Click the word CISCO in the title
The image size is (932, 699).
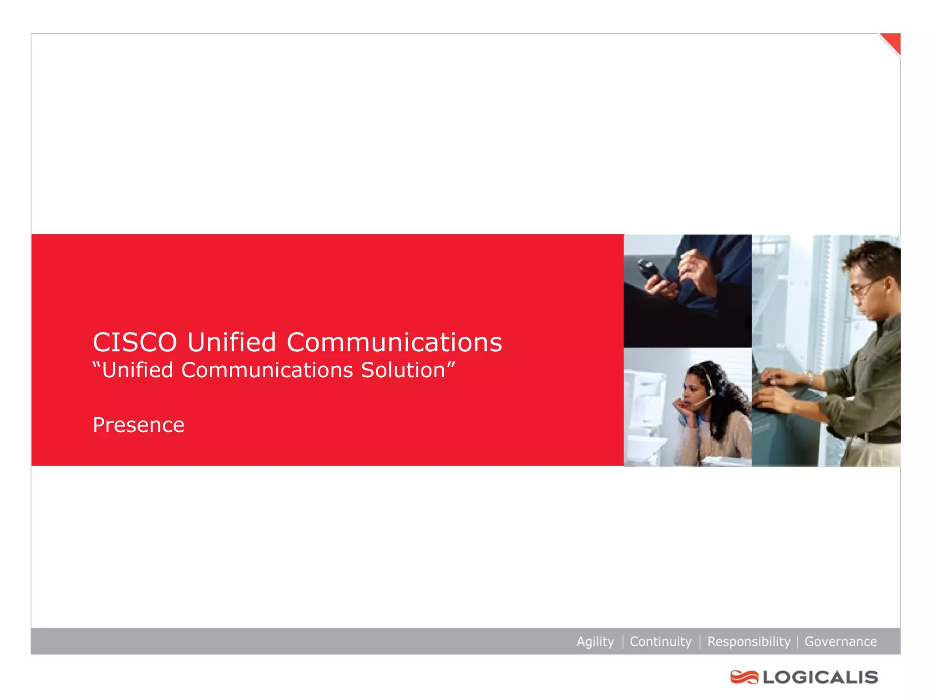[135, 342]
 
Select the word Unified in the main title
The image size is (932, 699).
[232, 342]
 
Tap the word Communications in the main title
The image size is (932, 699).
[394, 342]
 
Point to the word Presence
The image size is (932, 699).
[138, 425]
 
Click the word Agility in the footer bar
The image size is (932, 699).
[595, 642]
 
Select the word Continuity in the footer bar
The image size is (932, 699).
[660, 642]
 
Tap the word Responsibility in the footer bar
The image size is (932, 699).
[749, 642]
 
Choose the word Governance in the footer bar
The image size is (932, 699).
[841, 642]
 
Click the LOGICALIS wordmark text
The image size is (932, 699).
[821, 677]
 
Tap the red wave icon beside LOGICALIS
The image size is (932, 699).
[744, 677]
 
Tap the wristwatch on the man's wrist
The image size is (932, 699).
[810, 377]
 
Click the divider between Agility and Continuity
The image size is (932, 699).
[622, 642]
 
